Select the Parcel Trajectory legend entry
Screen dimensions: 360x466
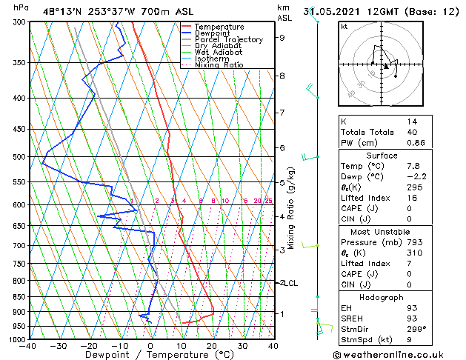(228, 39)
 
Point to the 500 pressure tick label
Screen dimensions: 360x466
(16, 157)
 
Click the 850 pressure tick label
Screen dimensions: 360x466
(16, 297)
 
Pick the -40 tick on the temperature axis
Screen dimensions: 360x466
(28, 345)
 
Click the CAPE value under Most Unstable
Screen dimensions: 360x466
(409, 274)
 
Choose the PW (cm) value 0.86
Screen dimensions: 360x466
(415, 142)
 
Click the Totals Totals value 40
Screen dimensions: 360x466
(411, 132)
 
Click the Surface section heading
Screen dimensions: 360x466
(382, 156)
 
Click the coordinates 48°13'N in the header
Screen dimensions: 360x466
(59, 10)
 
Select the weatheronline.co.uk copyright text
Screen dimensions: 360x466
(396, 353)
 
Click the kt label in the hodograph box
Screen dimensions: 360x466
(344, 26)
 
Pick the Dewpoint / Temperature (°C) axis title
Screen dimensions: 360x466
(150, 355)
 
